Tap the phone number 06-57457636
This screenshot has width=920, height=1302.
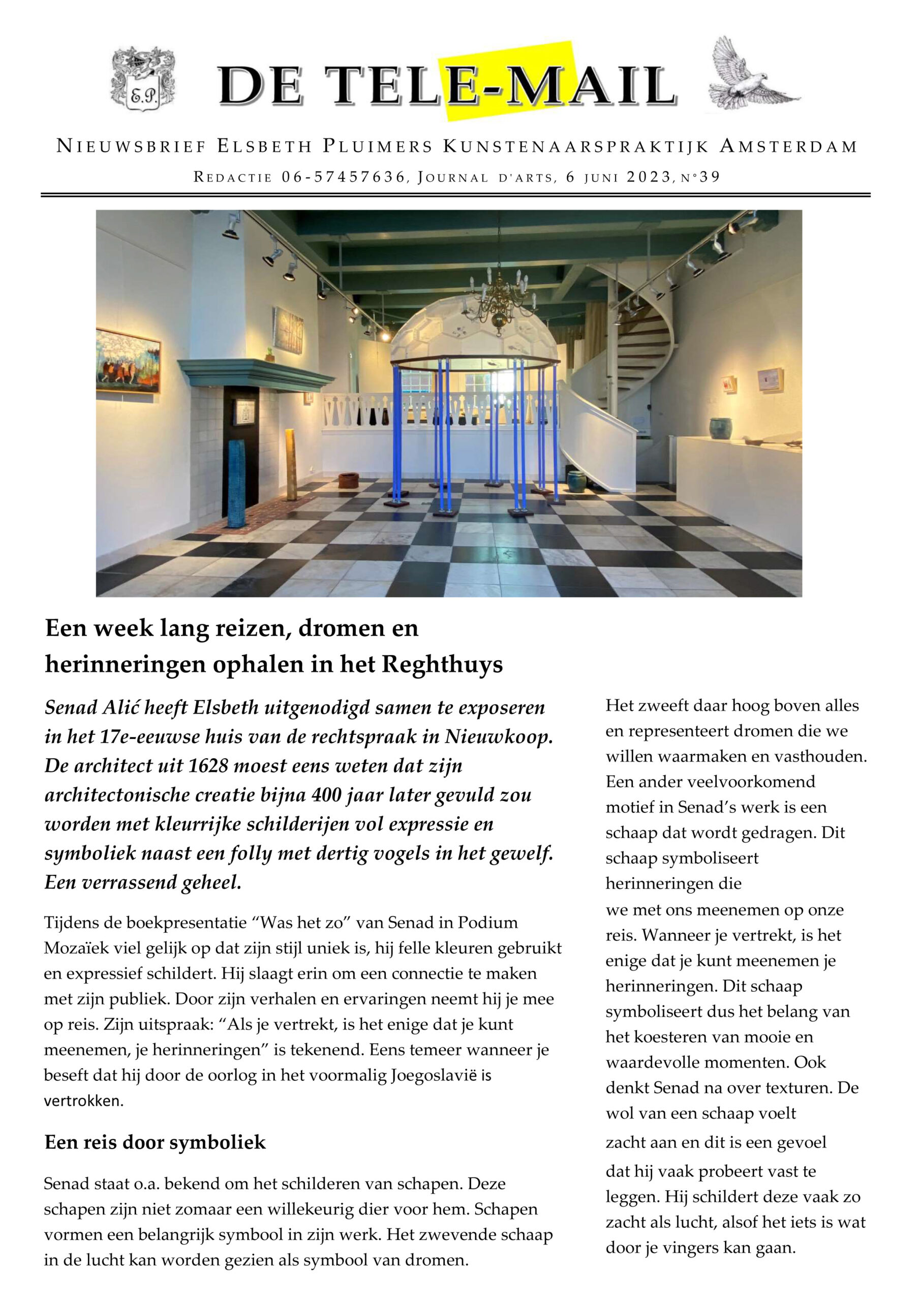343,177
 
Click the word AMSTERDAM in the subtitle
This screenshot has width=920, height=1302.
788,147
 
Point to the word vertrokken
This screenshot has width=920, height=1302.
83,1101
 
